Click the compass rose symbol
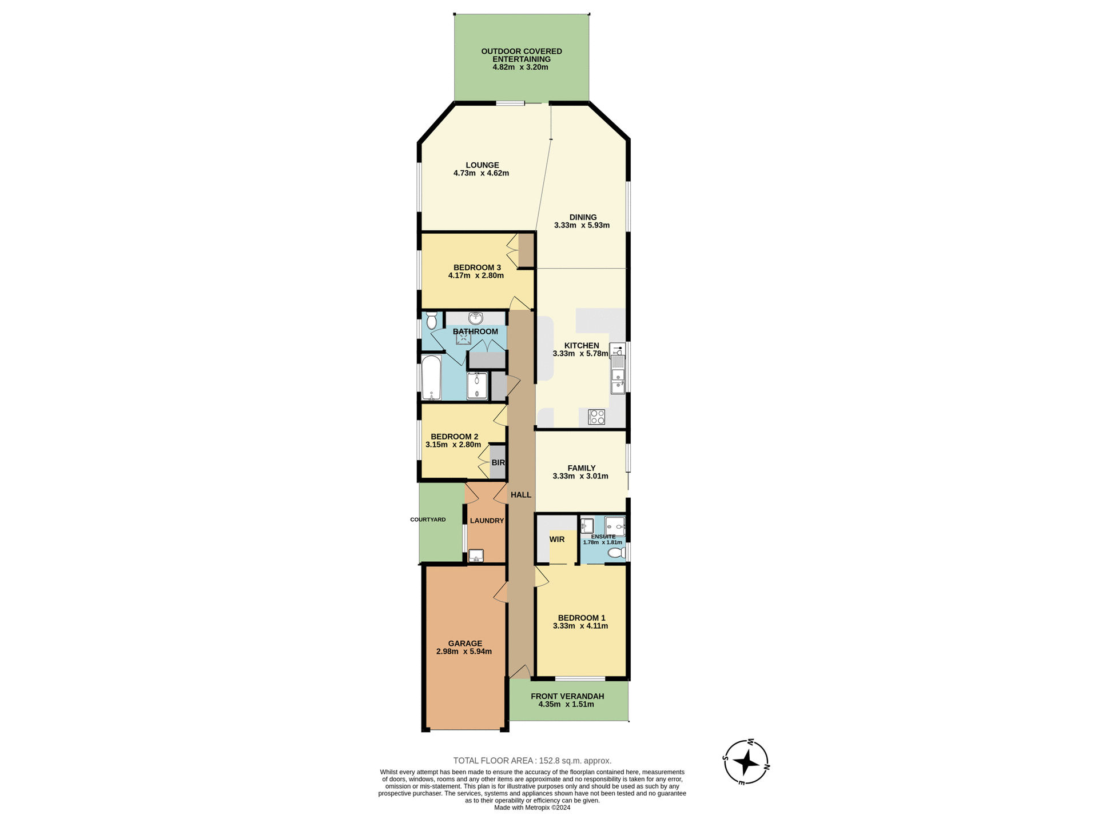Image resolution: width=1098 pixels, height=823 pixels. tap(746, 762)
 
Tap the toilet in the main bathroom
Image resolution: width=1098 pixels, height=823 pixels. tap(432, 320)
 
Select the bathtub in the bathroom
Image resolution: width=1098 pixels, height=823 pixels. tap(431, 378)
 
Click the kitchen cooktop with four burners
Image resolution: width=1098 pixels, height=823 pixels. tap(596, 417)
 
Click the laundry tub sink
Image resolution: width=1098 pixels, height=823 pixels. tap(476, 556)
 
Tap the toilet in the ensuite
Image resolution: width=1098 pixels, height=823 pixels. tap(616, 553)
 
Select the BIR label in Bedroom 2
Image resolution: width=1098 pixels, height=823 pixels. tap(498, 462)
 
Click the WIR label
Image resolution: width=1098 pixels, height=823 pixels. tap(556, 539)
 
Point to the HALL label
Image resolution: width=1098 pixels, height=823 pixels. tap(520, 495)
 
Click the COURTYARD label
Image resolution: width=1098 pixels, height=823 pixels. tap(428, 520)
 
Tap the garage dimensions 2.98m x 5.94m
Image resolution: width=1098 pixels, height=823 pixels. tap(464, 652)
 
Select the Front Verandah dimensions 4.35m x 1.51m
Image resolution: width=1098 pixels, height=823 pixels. tap(566, 704)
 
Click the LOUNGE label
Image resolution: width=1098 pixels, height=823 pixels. tap(482, 165)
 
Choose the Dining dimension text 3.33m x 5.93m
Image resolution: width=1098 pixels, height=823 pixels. tap(582, 225)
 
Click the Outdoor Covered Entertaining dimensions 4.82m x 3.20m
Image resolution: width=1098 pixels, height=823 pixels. tap(520, 67)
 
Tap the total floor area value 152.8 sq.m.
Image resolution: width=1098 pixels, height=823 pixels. tap(574, 761)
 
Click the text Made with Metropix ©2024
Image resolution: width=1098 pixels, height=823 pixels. tap(532, 808)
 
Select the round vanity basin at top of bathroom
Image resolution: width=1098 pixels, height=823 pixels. tap(475, 318)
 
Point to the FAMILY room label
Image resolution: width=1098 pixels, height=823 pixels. tap(581, 468)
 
